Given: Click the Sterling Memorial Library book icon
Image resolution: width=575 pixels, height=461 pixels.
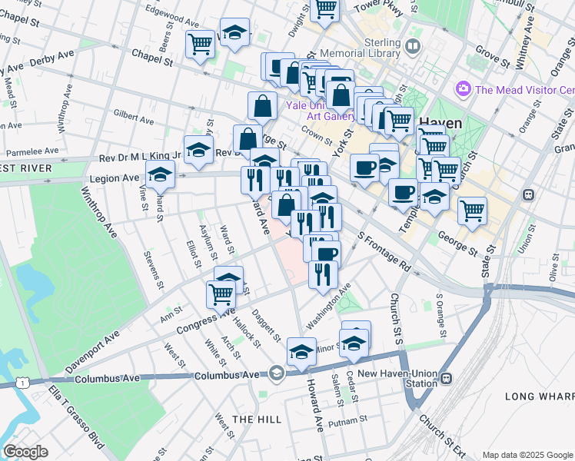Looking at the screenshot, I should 414,48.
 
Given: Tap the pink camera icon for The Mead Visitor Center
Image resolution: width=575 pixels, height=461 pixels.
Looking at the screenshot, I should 463,89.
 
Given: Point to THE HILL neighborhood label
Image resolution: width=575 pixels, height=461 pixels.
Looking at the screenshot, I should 253,419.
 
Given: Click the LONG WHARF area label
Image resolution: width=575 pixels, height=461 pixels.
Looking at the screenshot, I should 539,396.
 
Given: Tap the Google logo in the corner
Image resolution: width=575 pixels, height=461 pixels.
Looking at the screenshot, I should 25,452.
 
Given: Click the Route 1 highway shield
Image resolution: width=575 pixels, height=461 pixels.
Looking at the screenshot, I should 25,382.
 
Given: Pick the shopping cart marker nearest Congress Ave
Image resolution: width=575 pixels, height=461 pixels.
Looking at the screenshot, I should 221,293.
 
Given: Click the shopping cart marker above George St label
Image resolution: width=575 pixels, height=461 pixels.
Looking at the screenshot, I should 472,209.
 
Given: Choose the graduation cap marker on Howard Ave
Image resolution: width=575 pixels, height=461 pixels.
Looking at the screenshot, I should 301,351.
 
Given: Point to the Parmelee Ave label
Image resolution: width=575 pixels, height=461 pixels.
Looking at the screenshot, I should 31,151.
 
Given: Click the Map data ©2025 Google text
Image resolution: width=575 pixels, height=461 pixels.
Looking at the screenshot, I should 527,455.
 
